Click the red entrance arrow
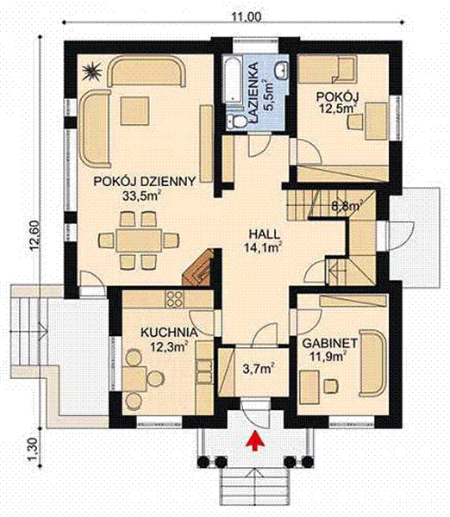(254, 440)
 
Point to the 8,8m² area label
(346, 206)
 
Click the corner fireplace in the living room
(199, 266)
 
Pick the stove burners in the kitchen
(175, 301)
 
